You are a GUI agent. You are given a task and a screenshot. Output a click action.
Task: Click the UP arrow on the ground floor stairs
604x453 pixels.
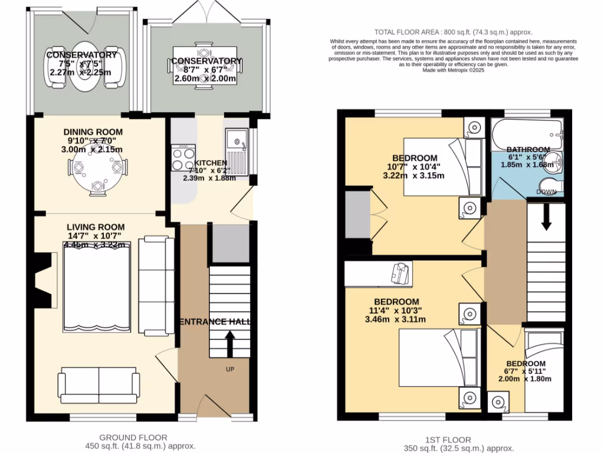(x=229, y=344)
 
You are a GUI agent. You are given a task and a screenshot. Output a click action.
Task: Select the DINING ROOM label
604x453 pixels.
(x=94, y=132)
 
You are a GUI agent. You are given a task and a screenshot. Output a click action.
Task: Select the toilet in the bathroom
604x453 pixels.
(x=552, y=185)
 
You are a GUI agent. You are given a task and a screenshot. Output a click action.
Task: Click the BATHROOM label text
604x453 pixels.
(x=528, y=149)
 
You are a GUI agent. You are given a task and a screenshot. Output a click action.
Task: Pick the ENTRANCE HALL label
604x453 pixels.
(x=215, y=321)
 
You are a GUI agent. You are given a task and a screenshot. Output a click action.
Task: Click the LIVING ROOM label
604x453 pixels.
(x=96, y=226)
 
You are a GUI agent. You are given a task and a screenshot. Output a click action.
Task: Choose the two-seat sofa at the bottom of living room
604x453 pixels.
(x=99, y=383)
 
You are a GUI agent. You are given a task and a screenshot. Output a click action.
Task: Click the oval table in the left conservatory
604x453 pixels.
(x=86, y=67)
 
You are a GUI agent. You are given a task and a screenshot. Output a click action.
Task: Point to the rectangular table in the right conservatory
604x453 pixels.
(x=202, y=68)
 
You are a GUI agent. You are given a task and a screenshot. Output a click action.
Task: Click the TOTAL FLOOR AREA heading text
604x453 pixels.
(x=453, y=32)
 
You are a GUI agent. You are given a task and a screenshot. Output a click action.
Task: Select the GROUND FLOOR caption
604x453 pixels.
(x=133, y=437)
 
